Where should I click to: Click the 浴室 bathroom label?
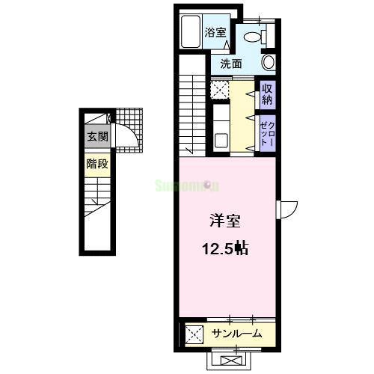pos(217,33)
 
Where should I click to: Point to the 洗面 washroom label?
pos(231,64)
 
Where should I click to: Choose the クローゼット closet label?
pos(267,135)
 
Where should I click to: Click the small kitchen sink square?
pos(221,140)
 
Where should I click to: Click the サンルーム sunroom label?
pos(236,333)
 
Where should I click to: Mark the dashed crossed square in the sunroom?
pos(193,334)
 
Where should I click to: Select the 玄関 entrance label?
pos(97,137)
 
